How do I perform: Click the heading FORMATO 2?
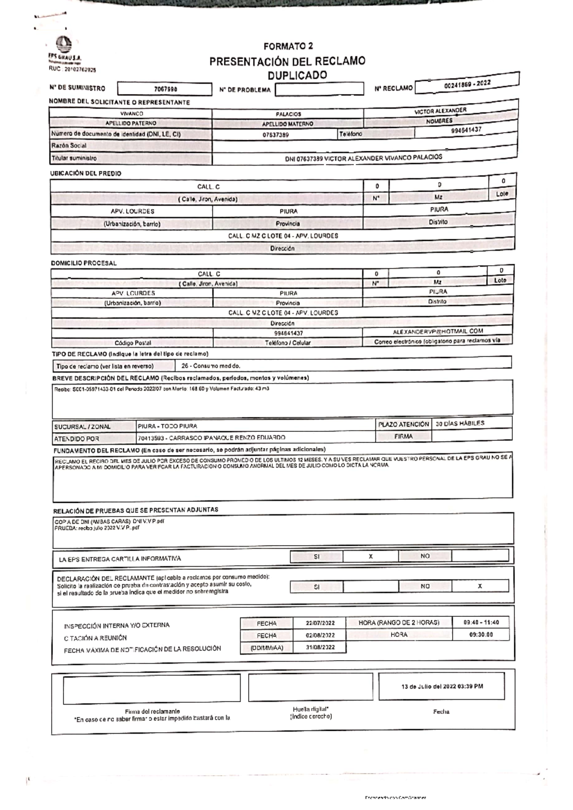click(x=288, y=46)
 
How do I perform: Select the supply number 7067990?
click(x=165, y=89)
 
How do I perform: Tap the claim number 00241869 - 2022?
click(x=467, y=84)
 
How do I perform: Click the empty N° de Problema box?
click(x=319, y=89)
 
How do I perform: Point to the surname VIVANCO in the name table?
click(x=131, y=114)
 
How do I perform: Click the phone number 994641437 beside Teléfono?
click(x=466, y=130)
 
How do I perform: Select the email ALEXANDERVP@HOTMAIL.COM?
click(x=438, y=331)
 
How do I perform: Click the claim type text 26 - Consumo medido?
click(x=211, y=366)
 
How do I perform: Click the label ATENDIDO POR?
click(x=76, y=438)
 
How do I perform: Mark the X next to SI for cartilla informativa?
click(x=371, y=556)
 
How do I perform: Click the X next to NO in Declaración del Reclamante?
click(x=480, y=586)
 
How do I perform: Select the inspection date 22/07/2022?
click(x=320, y=623)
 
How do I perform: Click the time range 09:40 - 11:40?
click(x=481, y=623)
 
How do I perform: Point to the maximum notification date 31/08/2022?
click(x=320, y=647)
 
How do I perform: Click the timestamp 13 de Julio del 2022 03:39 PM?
click(x=442, y=686)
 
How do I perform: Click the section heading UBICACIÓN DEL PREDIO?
click(x=86, y=173)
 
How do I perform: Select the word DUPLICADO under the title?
click(x=297, y=75)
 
